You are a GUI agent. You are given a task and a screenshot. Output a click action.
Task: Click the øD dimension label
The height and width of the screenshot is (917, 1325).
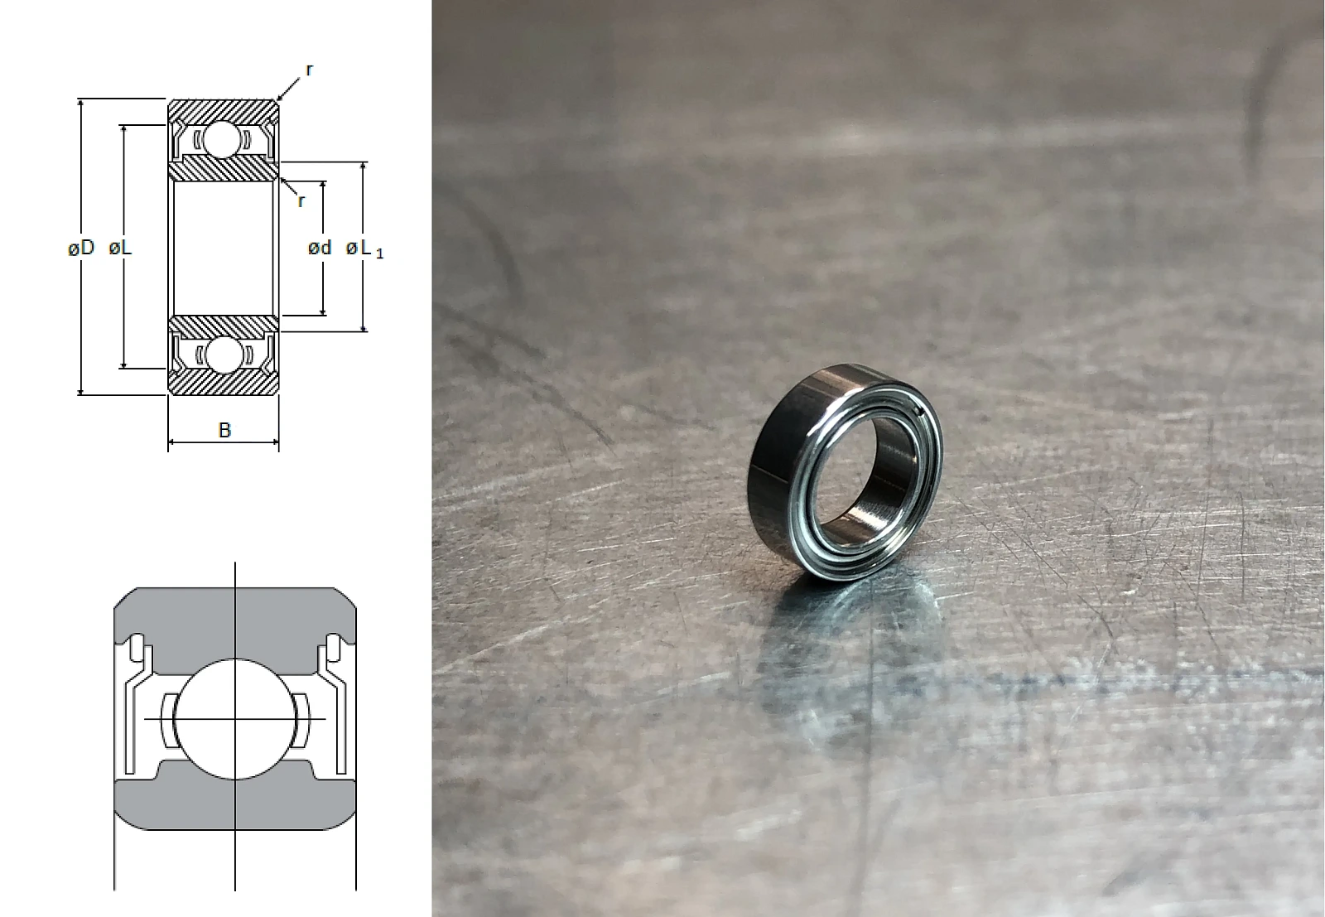81,248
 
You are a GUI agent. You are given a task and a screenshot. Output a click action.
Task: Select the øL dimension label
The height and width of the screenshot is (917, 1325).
121,248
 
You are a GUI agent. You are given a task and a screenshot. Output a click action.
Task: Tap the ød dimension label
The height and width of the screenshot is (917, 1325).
320,248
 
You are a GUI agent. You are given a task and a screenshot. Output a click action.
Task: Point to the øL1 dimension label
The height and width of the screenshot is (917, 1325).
364,249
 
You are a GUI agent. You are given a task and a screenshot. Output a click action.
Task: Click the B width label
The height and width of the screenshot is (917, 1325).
224,430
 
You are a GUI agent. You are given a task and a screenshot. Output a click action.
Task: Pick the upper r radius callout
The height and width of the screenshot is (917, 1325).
309,70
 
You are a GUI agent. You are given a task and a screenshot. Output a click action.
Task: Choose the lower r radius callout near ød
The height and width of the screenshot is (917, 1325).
301,202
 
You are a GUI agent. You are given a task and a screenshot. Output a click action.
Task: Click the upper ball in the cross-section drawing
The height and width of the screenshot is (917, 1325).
222,140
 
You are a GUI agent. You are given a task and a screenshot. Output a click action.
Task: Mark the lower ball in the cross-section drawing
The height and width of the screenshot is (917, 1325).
222,355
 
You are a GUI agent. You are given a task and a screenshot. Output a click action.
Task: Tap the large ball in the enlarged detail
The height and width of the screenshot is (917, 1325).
235,719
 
